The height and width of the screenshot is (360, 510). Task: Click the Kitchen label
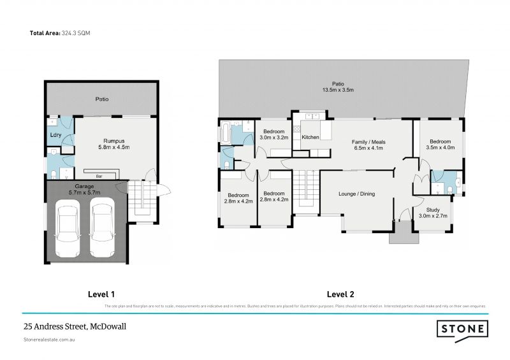(310, 137)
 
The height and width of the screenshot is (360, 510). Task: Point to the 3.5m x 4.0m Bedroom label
(440, 145)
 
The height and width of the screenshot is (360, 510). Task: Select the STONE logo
(462, 328)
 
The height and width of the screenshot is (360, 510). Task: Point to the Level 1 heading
(101, 294)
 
